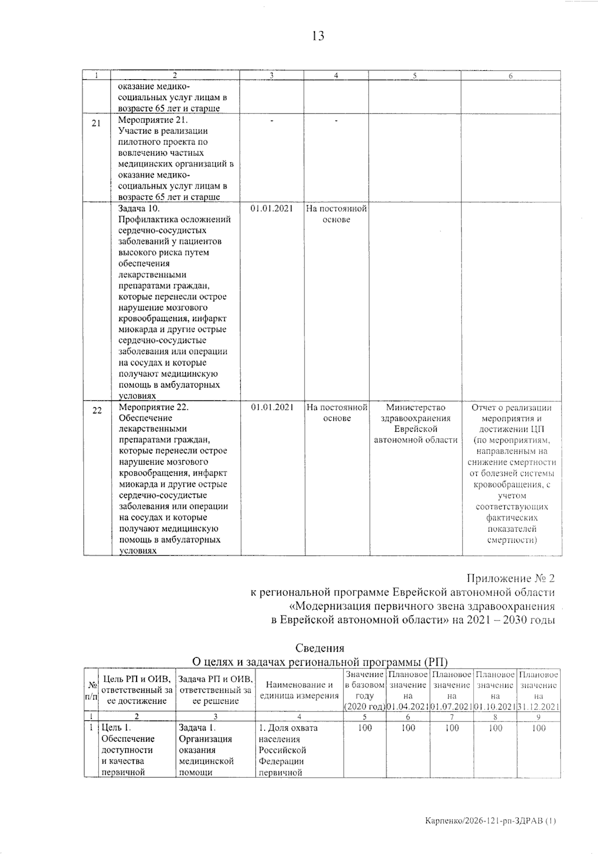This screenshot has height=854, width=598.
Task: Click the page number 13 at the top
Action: tap(318, 36)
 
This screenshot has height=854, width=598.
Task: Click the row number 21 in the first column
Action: tap(96, 123)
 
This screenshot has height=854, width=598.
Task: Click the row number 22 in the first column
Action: tap(97, 410)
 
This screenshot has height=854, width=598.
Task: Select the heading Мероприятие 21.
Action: tap(153, 120)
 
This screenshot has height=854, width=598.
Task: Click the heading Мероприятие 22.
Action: tap(153, 407)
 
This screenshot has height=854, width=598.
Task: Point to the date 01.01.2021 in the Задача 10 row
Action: tap(272, 209)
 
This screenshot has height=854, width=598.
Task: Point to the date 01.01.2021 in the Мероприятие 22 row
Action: tap(272, 407)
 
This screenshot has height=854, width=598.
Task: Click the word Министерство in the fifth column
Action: tap(415, 407)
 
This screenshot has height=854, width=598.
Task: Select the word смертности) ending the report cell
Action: tap(512, 540)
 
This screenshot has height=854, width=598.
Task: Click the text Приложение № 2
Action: tap(510, 578)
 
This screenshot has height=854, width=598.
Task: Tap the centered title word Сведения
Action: tap(319, 648)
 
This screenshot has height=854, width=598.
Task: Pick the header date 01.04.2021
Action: tap(408, 707)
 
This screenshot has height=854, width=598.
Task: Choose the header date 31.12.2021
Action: tap(539, 707)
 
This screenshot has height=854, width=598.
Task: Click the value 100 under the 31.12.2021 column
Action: tap(539, 728)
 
